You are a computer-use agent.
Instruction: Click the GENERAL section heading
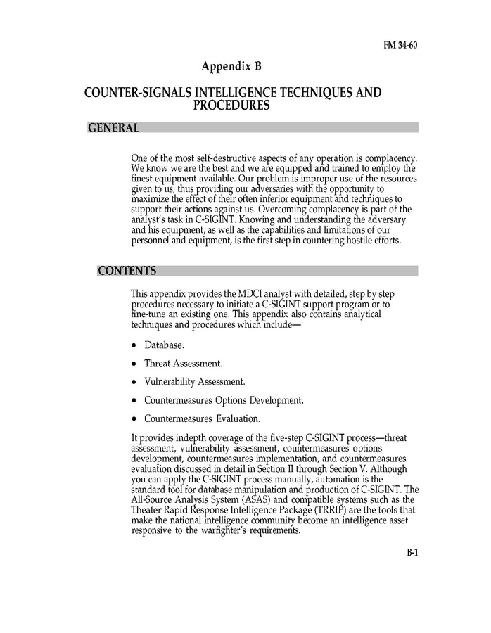pyautogui.click(x=113, y=128)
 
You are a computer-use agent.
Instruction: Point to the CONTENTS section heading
pyautogui.click(x=127, y=271)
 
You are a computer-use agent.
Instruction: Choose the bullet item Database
pyautogui.click(x=165, y=345)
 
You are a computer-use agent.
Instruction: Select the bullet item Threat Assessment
pyautogui.click(x=183, y=364)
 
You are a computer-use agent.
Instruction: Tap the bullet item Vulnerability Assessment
pyautogui.click(x=195, y=382)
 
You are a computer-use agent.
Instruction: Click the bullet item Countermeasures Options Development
pyautogui.click(x=224, y=400)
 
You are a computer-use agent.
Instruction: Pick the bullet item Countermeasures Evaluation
pyautogui.click(x=202, y=418)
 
